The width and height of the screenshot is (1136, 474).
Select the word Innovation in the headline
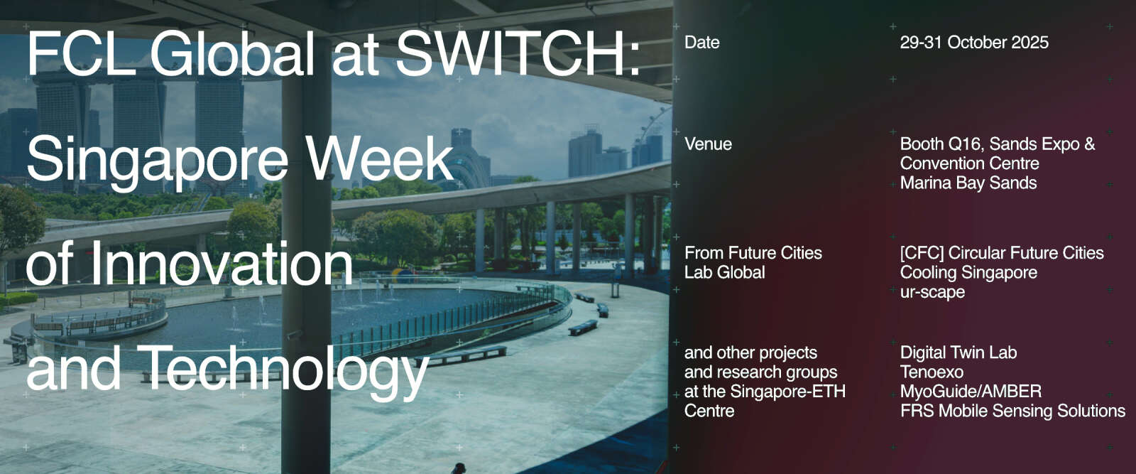click(221, 263)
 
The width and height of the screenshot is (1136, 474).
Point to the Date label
click(702, 42)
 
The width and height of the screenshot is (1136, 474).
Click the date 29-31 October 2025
click(974, 42)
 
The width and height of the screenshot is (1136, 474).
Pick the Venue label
click(708, 144)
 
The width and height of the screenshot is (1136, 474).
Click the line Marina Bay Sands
click(968, 183)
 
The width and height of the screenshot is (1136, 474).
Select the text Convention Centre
click(970, 163)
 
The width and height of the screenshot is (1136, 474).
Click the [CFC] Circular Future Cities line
click(1002, 253)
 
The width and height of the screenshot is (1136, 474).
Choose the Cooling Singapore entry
click(968, 272)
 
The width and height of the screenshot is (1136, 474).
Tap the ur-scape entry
click(932, 292)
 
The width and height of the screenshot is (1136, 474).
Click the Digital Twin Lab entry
click(958, 352)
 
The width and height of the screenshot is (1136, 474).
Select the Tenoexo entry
click(932, 372)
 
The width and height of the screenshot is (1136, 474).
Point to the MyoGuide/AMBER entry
click(971, 392)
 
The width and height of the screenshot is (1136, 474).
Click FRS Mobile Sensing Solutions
click(1012, 411)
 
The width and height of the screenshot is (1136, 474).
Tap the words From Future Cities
click(753, 253)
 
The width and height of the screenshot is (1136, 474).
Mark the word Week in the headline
click(379, 158)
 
